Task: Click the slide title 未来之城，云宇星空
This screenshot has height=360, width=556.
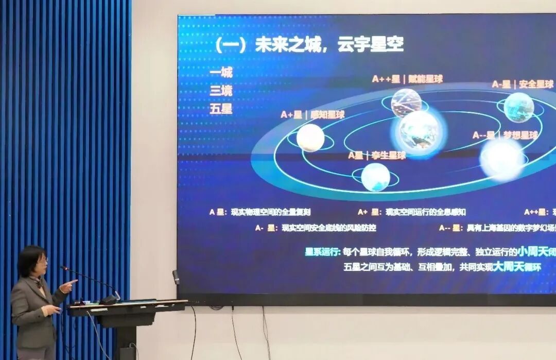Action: [309, 45]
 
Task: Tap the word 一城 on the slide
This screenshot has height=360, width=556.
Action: [221, 72]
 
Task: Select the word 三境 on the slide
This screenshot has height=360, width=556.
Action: [221, 91]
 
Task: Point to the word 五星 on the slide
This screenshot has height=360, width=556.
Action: [221, 109]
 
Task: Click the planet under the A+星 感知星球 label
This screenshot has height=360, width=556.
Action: [310, 138]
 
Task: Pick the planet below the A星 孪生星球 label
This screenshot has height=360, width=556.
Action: [375, 177]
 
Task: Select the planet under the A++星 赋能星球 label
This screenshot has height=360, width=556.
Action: [406, 102]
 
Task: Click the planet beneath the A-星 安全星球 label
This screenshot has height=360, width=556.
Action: [518, 107]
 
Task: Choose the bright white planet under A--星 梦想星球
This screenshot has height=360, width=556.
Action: [502, 160]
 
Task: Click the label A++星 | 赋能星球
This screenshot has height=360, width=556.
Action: [407, 79]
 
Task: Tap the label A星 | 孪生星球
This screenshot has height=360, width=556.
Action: [376, 155]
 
